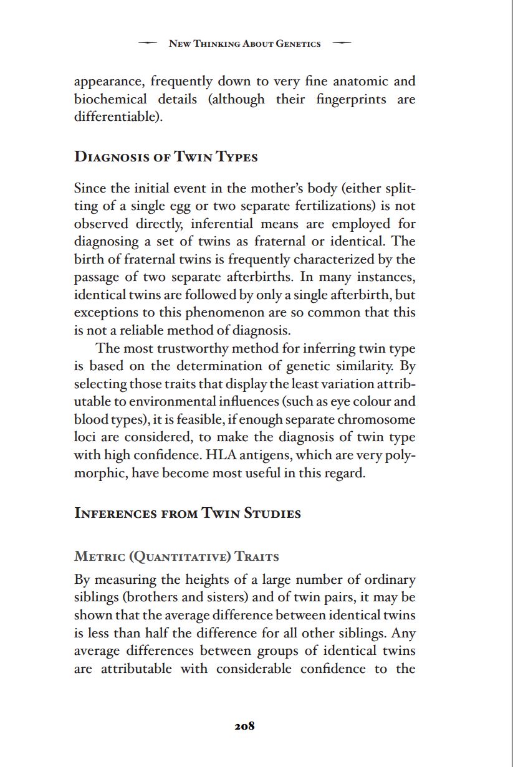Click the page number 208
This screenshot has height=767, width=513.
click(244, 726)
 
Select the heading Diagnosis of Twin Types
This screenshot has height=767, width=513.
click(166, 156)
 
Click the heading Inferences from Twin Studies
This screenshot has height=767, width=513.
click(187, 513)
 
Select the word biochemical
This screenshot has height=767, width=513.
click(110, 99)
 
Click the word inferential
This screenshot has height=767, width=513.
click(223, 223)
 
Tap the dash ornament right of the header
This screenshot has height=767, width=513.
click(342, 44)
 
